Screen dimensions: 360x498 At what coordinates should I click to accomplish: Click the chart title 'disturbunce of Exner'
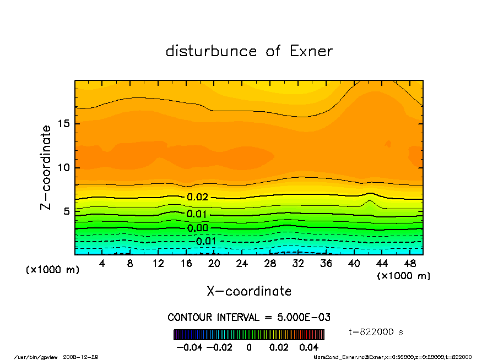249,51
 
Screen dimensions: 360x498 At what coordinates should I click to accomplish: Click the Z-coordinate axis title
46,167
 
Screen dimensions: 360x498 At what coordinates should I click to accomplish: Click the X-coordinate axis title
249,291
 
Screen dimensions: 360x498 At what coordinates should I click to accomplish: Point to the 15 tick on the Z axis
64,123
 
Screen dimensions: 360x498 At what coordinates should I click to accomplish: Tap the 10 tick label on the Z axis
64,167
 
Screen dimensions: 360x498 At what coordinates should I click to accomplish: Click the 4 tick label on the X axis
102,264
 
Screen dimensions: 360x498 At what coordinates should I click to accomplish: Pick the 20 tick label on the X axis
214,264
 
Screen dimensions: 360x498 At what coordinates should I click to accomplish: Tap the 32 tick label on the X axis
298,264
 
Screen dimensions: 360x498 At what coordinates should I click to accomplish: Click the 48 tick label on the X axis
410,264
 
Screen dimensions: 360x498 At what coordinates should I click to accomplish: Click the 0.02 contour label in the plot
197,197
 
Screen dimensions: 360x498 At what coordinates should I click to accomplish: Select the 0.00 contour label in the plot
197,228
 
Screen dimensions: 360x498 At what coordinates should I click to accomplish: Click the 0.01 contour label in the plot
197,214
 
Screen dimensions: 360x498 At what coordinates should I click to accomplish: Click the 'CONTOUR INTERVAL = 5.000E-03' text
249,318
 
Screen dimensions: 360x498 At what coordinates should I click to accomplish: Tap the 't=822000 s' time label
377,331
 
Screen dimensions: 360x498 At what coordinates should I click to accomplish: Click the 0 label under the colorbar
249,347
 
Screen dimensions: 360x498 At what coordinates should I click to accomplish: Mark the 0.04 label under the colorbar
309,347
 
